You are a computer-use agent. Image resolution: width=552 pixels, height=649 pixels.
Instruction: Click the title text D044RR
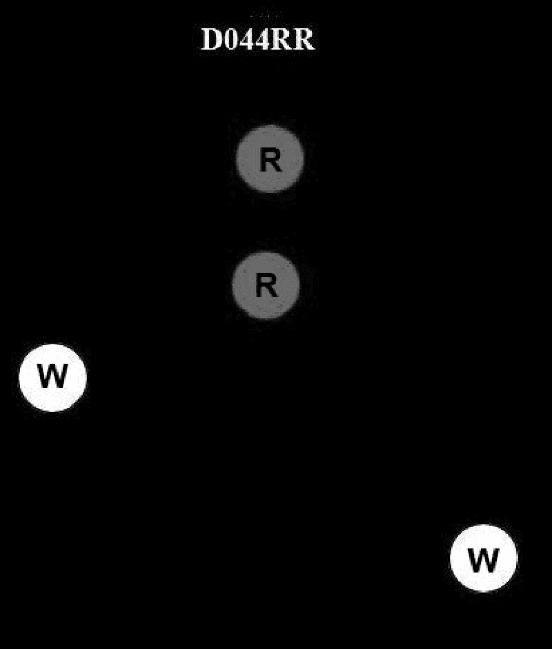pos(257,40)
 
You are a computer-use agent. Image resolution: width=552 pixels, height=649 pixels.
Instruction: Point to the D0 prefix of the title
pos(219,40)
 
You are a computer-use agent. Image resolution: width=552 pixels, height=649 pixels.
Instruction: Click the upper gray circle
pos(270,158)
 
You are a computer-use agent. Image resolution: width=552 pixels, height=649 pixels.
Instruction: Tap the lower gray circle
pos(266,285)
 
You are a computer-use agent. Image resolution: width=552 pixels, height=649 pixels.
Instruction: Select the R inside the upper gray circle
pos(270,161)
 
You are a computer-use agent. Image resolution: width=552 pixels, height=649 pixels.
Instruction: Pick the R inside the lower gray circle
pos(266,285)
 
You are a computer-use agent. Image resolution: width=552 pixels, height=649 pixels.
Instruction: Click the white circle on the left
pos(52,378)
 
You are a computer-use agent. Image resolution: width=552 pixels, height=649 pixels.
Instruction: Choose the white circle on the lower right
pos(483,558)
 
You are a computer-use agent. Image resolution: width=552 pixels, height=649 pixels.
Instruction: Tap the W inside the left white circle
pos(52,377)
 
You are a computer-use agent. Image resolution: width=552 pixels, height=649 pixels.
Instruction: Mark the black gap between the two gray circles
pos(268,222)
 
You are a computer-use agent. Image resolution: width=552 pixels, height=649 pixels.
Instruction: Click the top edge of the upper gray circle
pos(270,127)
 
